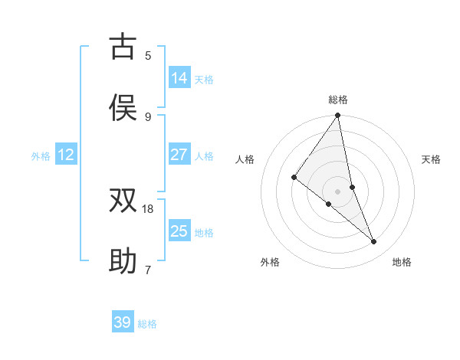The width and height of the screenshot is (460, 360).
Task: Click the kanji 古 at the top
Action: (x=123, y=47)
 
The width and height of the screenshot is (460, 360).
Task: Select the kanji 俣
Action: (x=123, y=108)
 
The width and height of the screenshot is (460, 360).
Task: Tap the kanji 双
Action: (x=123, y=201)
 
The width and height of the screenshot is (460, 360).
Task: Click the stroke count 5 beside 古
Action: (x=148, y=55)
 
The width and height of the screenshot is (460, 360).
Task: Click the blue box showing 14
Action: (x=179, y=78)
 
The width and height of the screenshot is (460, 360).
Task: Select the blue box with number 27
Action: (x=179, y=155)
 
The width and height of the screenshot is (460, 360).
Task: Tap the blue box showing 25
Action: (x=179, y=231)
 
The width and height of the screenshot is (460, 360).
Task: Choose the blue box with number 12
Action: (x=66, y=155)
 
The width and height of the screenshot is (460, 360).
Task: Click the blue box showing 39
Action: (x=123, y=322)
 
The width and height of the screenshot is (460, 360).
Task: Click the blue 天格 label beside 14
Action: (x=204, y=80)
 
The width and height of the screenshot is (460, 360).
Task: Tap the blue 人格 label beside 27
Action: (x=204, y=156)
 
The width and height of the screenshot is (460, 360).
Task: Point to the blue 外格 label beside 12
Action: (x=41, y=156)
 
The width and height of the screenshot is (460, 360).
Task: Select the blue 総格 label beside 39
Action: (x=147, y=324)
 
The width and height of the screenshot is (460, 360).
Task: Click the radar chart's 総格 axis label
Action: (x=338, y=100)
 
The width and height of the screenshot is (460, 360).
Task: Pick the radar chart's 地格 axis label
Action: (x=402, y=262)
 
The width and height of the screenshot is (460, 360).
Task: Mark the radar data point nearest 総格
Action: (x=338, y=116)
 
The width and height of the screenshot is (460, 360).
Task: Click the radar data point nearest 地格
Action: (x=374, y=242)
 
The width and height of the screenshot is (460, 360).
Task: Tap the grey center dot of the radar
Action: (x=338, y=191)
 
